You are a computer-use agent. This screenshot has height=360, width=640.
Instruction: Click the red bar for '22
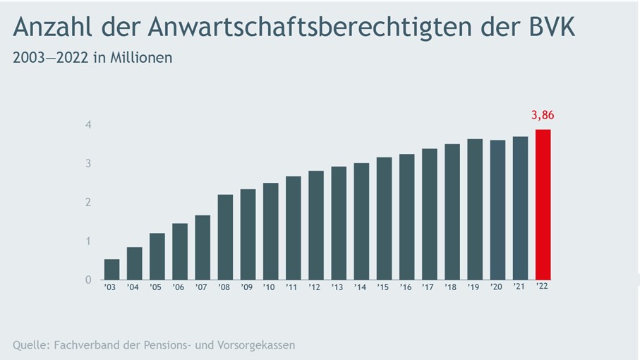coord(543,205)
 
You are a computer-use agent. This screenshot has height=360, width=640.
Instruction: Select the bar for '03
coord(111,269)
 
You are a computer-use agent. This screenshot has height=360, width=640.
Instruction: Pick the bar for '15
coord(384,218)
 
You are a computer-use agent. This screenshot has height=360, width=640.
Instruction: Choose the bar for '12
coord(316,225)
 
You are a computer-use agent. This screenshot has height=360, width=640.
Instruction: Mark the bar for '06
coord(180,251)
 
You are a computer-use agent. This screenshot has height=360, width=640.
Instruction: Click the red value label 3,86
coord(543,116)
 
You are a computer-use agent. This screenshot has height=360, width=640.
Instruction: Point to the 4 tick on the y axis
coord(88,125)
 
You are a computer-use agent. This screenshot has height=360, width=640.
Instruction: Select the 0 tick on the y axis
coord(88,280)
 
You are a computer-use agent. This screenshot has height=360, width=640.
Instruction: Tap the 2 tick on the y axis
coord(88,203)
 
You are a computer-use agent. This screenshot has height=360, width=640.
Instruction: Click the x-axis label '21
coord(520,287)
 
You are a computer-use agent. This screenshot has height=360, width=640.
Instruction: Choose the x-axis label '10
coord(270,287)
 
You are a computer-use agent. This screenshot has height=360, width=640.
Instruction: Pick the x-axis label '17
coord(429,287)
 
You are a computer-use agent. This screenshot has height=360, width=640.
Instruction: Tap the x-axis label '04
coord(134,287)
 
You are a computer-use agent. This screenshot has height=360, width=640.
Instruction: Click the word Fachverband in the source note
coord(86,345)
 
